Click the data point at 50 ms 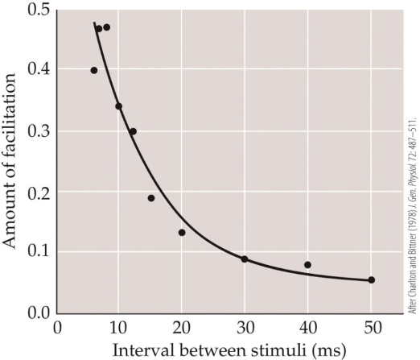pyautogui.click(x=372, y=280)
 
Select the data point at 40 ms pyautogui.click(x=308, y=265)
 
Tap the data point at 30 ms pyautogui.click(x=245, y=259)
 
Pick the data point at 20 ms pyautogui.click(x=182, y=233)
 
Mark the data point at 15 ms pyautogui.click(x=151, y=198)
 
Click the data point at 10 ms pyautogui.click(x=119, y=106)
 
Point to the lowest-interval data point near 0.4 pyautogui.click(x=94, y=71)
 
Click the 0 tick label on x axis pyautogui.click(x=57, y=329)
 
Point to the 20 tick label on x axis pyautogui.click(x=182, y=329)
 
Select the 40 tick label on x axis pyautogui.click(x=308, y=329)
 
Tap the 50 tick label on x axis pyautogui.click(x=371, y=329)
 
